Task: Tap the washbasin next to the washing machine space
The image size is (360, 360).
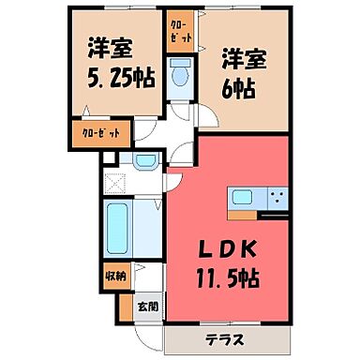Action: pyautogui.click(x=144, y=161)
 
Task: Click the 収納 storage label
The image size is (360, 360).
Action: pyautogui.click(x=113, y=277)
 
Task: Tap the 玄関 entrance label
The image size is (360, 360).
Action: pyautogui.click(x=149, y=305)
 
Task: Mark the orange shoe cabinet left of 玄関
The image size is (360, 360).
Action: pyautogui.click(x=125, y=305)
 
